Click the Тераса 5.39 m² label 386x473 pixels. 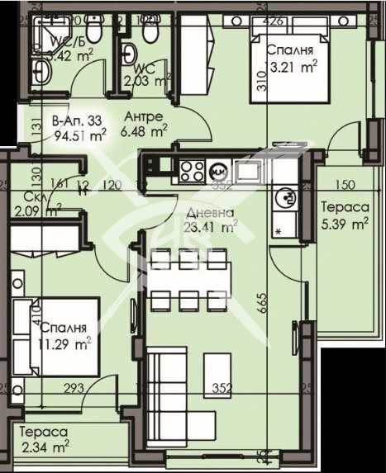click(x=345, y=216)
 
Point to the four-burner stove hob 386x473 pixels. click(x=193, y=172)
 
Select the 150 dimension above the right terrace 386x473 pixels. click(x=346, y=185)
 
